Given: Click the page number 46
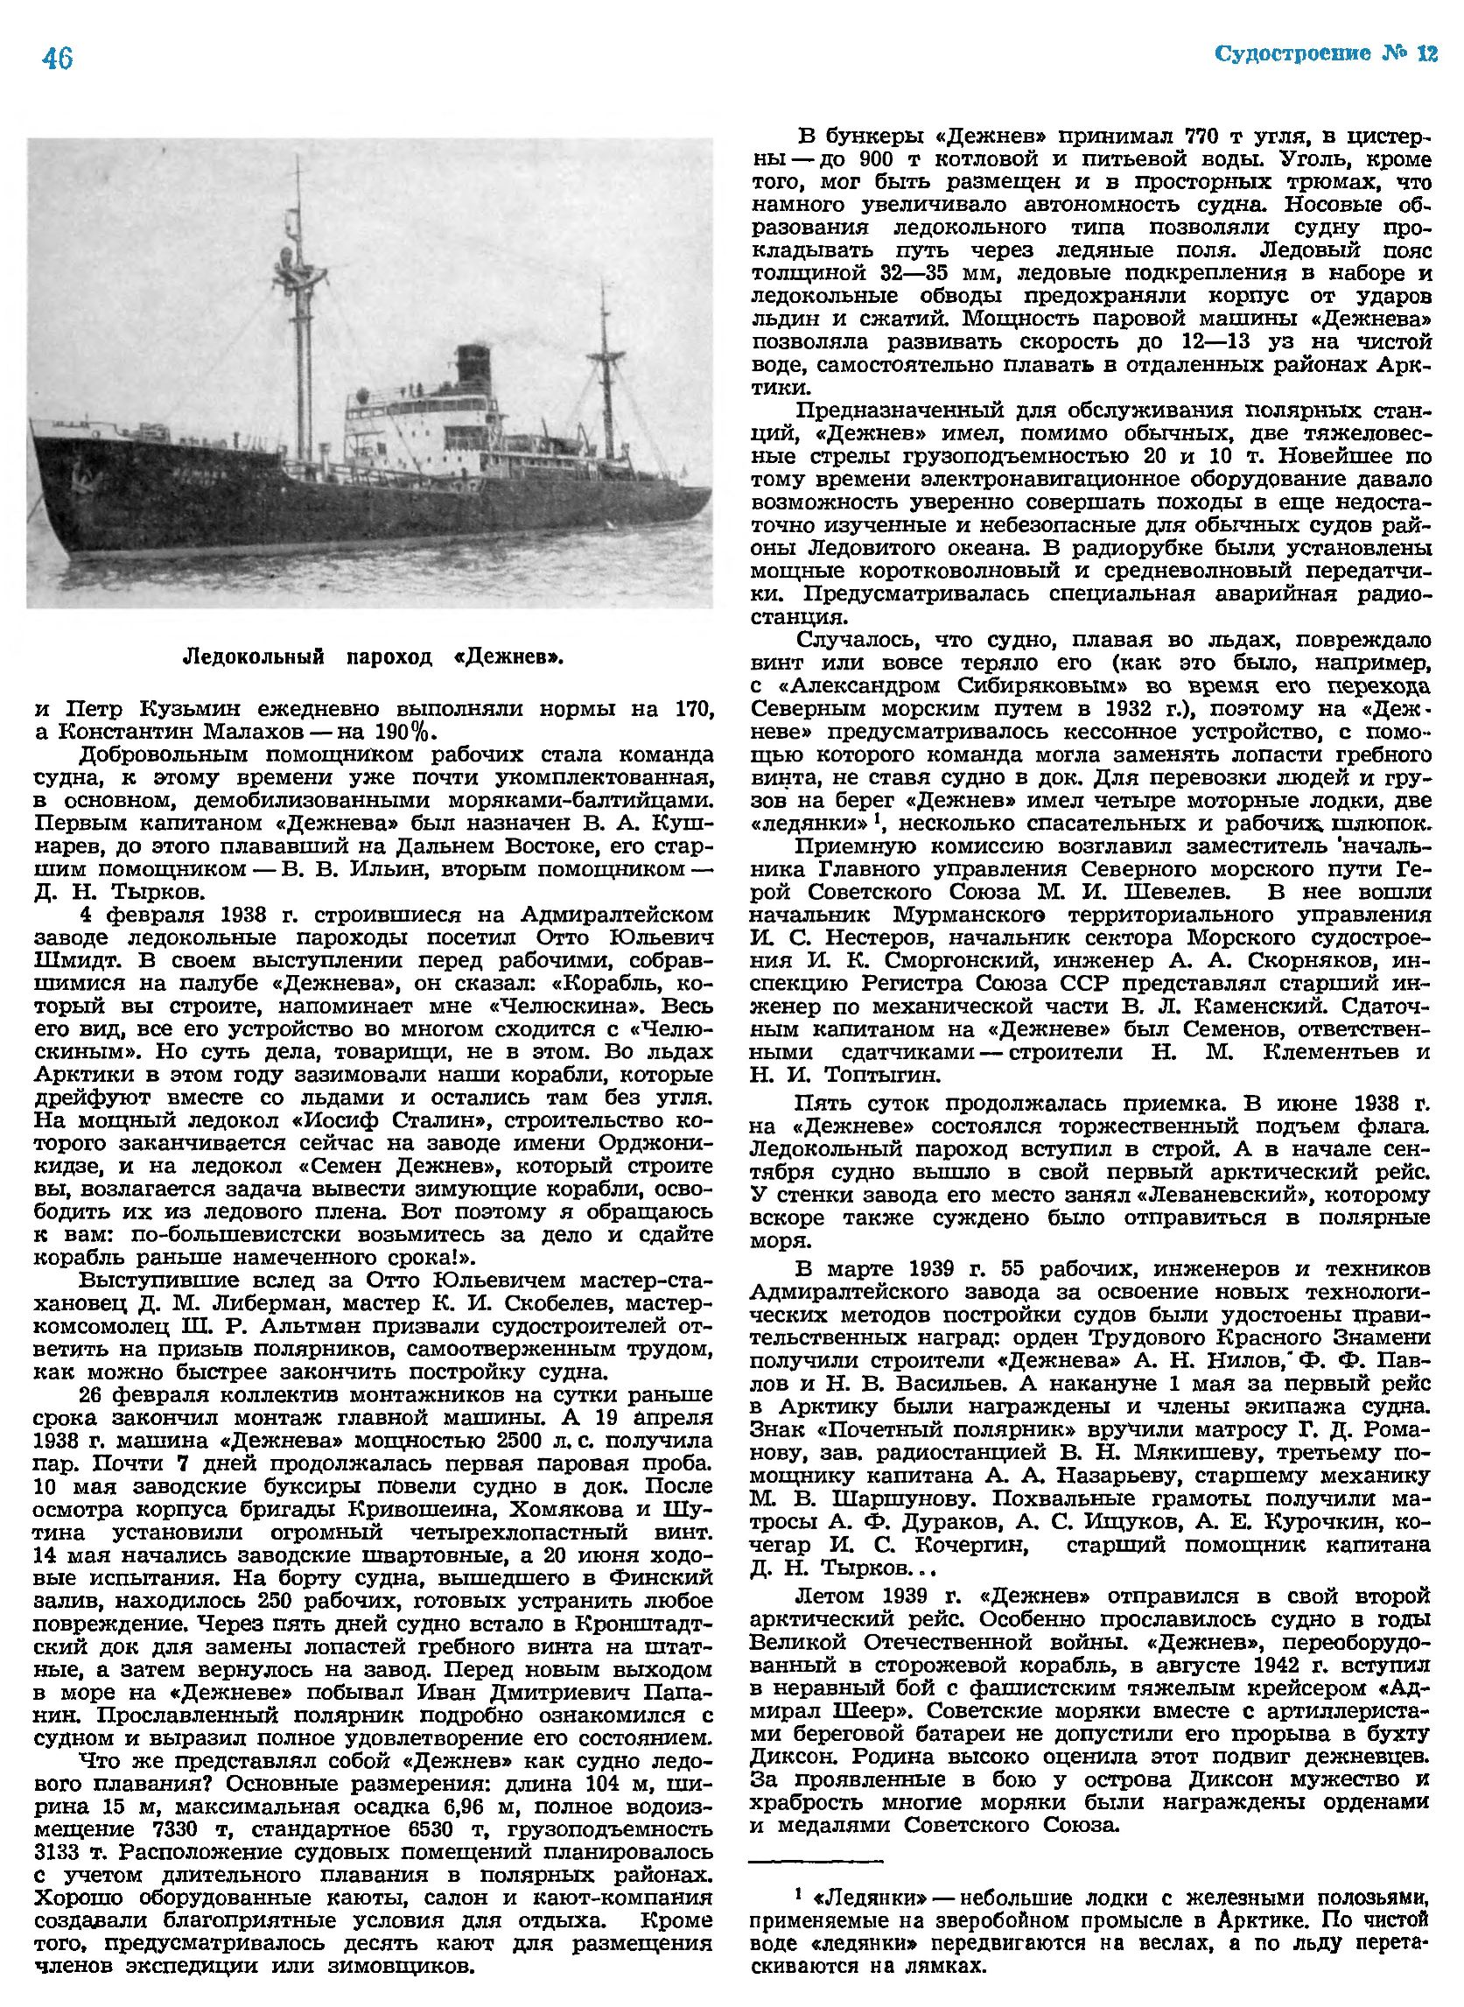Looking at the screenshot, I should pos(57,59).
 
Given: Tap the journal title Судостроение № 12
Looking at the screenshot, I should pos(1325,53).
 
